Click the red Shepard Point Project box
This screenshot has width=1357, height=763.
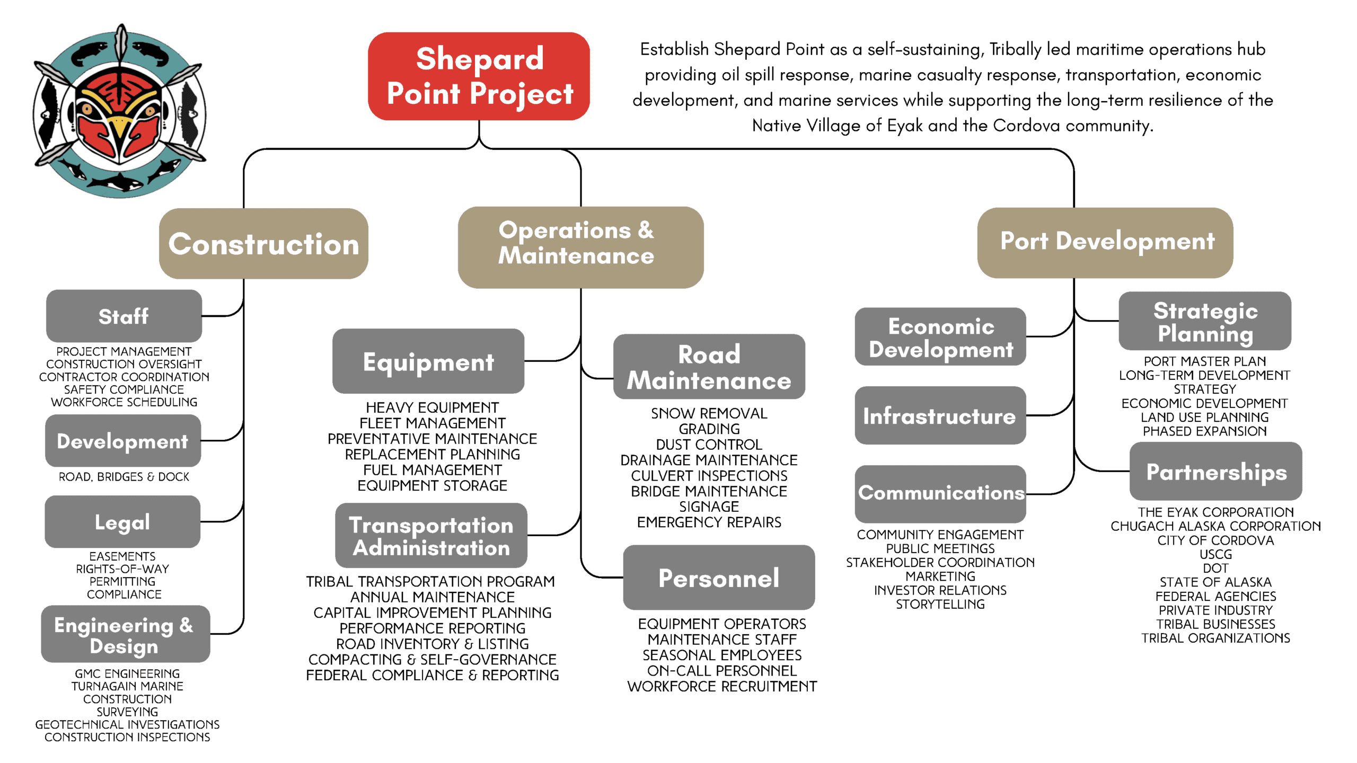[x=479, y=76]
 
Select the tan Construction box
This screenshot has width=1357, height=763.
[x=263, y=243]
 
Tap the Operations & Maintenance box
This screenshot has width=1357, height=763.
[x=580, y=247]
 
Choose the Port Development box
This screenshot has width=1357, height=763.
[x=1105, y=242]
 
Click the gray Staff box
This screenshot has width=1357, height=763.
[x=124, y=316]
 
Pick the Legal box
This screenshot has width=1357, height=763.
[x=122, y=521]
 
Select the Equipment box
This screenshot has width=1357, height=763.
[x=428, y=361]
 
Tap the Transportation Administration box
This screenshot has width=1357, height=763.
[x=431, y=535]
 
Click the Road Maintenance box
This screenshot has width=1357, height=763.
[x=709, y=366]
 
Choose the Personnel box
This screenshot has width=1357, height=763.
[x=719, y=577]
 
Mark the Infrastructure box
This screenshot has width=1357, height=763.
[x=940, y=415]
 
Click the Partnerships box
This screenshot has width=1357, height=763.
[x=1216, y=471]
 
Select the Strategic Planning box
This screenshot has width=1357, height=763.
[x=1205, y=321]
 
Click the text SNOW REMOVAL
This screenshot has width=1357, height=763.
[x=709, y=413]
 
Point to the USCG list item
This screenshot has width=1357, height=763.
[x=1216, y=554]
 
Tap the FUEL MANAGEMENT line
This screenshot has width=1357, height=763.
[x=433, y=470]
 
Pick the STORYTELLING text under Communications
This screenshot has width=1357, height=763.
[x=940, y=604]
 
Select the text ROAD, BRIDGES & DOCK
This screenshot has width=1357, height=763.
[x=124, y=477]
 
